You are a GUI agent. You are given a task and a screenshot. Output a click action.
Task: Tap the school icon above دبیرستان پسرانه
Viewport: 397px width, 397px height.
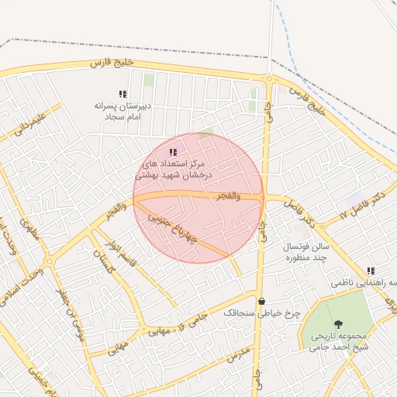coord(123,94)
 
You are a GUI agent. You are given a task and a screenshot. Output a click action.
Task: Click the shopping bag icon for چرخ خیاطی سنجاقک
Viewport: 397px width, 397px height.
coord(261,301)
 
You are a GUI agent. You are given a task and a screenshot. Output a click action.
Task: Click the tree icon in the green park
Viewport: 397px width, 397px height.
coord(337,324)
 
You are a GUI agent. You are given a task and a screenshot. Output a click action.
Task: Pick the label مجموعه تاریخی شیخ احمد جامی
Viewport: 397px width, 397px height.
coord(340,341)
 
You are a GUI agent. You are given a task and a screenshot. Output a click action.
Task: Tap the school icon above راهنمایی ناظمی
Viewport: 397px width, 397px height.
coord(370,271)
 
